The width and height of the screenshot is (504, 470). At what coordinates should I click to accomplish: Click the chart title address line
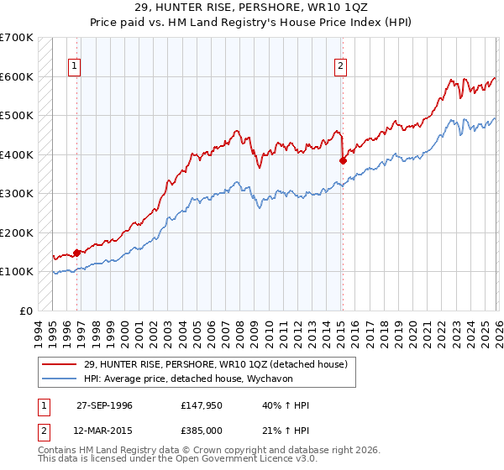pos(252,7)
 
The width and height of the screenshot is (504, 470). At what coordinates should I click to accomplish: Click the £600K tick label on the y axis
pos(17,76)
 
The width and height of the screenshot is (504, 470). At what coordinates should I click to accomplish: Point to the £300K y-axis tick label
pos(17,193)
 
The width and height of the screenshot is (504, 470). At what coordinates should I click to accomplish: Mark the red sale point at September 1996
pos(76,252)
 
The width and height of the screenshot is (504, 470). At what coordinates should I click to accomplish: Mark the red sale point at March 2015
pos(342,160)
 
